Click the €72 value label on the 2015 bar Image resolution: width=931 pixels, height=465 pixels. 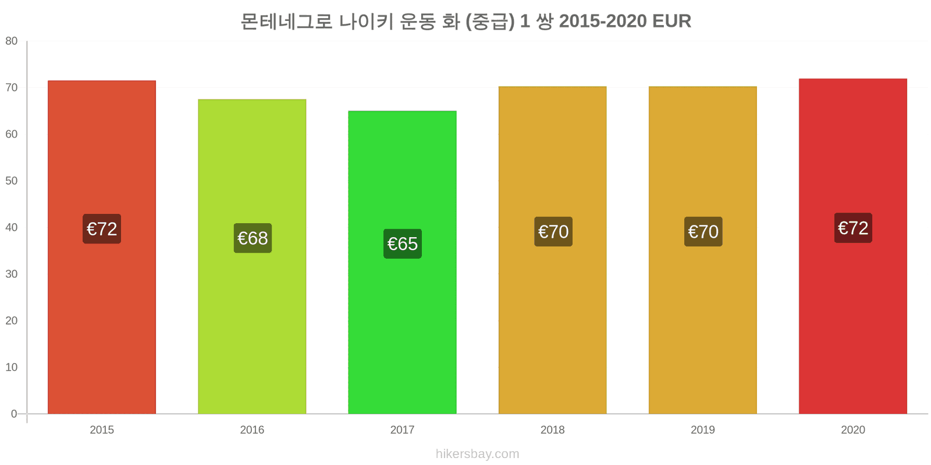102,229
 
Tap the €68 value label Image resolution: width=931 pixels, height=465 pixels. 253,238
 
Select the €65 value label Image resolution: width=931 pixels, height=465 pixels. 402,244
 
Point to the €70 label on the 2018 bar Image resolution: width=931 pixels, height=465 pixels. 553,231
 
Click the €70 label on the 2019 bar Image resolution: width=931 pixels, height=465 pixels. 703,231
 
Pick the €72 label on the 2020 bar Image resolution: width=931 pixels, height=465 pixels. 853,228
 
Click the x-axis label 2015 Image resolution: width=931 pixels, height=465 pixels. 102,430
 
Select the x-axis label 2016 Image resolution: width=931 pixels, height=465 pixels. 252,430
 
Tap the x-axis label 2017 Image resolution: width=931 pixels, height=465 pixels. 402,430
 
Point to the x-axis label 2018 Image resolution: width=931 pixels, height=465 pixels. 552,430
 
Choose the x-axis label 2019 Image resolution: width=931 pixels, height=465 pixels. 703,430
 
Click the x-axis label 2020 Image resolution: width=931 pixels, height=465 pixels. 853,430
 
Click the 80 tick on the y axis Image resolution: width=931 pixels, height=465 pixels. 12,41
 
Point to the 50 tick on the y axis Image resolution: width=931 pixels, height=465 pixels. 12,181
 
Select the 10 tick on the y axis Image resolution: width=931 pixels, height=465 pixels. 12,367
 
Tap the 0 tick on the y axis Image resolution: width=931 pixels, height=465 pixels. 14,414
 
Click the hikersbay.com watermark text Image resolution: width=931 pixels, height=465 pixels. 478,454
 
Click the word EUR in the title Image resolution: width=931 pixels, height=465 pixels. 671,21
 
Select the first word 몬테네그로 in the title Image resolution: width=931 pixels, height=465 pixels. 287,22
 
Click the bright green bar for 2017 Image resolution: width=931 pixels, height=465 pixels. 402,262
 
